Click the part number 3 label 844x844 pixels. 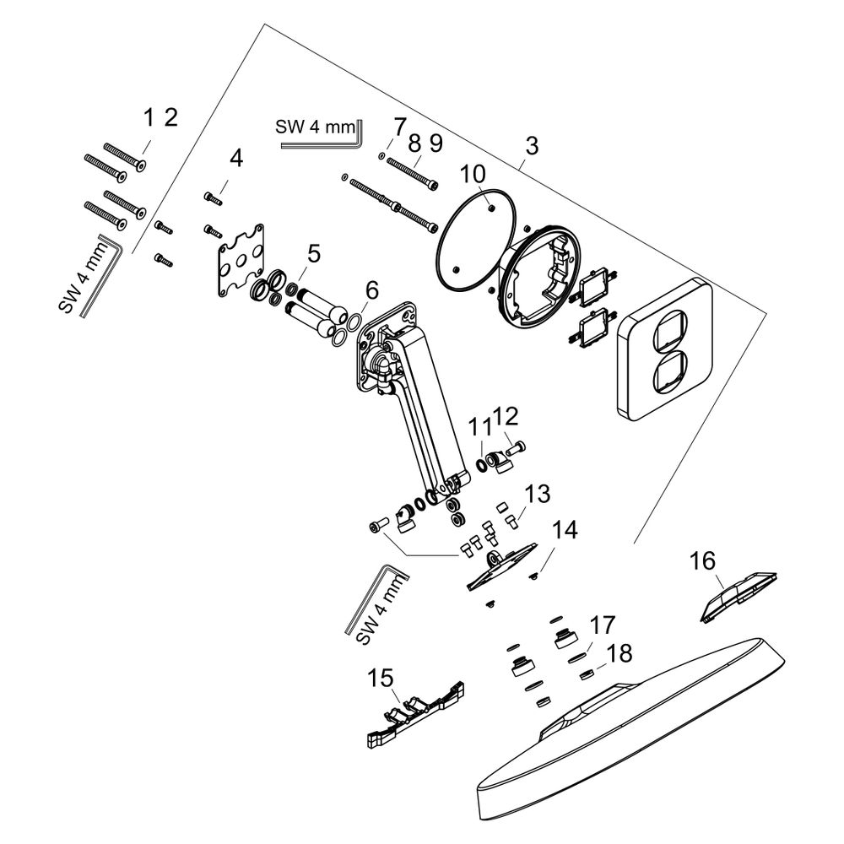(531, 145)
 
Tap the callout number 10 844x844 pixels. (473, 174)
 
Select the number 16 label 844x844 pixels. (702, 561)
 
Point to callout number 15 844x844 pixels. (381, 679)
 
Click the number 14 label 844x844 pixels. (564, 530)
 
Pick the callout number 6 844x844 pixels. (372, 290)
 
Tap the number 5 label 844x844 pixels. (313, 253)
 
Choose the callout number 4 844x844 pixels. (235, 159)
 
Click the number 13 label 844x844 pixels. (537, 494)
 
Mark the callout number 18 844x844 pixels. (619, 653)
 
